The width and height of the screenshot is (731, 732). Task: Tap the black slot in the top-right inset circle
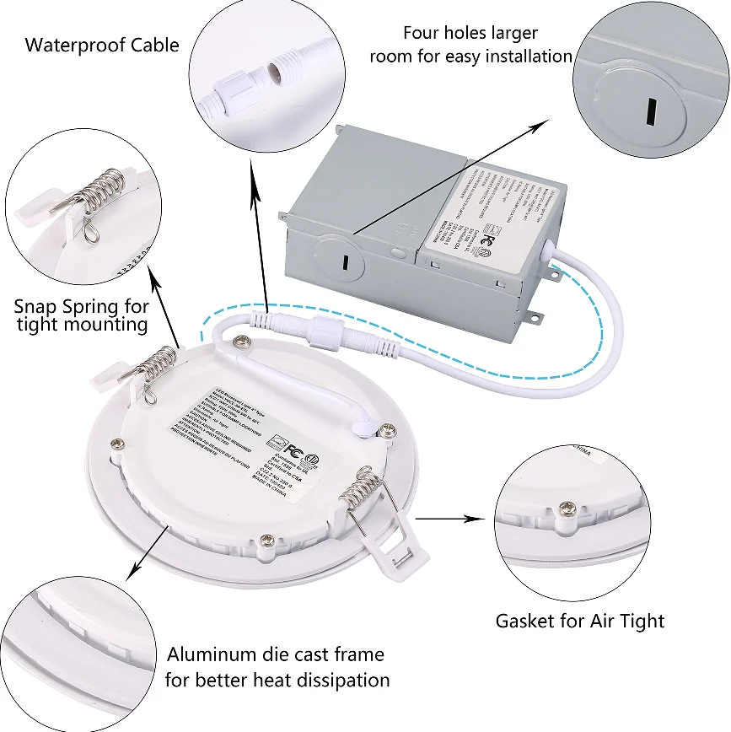pyautogui.click(x=650, y=110)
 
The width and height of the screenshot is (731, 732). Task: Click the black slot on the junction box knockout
pyautogui.click(x=345, y=262)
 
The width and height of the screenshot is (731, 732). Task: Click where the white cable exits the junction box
pyautogui.click(x=548, y=246)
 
